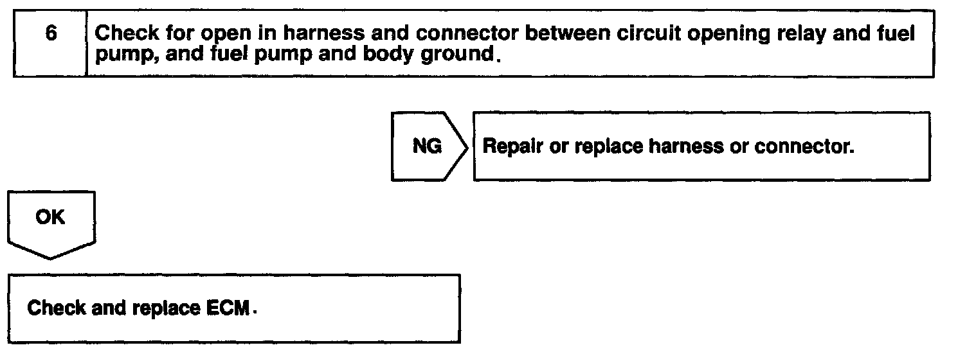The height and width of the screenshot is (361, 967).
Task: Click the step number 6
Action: click(50, 33)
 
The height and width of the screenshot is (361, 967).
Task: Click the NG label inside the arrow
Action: click(427, 146)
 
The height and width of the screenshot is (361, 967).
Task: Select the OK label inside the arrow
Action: click(50, 217)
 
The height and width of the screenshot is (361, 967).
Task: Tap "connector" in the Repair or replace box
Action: click(804, 146)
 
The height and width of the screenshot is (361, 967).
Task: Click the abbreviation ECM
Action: click(228, 308)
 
